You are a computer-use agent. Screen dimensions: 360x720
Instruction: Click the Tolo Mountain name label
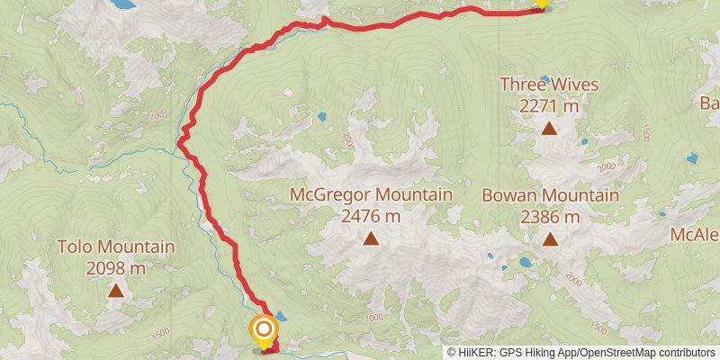[x=116, y=246]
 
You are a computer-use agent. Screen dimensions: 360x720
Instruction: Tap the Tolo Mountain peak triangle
[x=116, y=290]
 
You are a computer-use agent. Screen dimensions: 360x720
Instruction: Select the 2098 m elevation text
[x=116, y=267]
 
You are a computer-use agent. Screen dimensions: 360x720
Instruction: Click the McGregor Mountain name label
[x=370, y=194]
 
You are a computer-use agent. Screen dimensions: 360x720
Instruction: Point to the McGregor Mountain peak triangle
[x=370, y=238]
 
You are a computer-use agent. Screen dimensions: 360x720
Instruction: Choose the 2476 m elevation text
[x=370, y=216]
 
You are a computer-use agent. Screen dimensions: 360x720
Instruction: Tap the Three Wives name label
[x=549, y=85]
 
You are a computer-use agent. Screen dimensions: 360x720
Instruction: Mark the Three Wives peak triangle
[x=549, y=129]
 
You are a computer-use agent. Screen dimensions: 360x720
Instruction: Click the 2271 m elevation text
[x=549, y=106]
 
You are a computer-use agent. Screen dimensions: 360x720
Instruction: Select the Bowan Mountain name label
[x=549, y=195]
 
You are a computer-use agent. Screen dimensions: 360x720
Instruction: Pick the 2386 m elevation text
[x=549, y=217]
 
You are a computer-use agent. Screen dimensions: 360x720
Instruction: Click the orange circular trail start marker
[x=263, y=328]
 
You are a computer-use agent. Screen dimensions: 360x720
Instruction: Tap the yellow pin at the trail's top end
[x=541, y=3]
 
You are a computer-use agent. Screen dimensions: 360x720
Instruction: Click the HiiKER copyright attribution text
[x=581, y=352]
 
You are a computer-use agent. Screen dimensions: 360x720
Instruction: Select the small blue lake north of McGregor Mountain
[x=321, y=117]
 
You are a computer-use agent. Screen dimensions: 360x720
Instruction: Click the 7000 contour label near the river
[x=158, y=115]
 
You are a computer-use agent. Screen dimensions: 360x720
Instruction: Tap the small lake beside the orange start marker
[x=281, y=316]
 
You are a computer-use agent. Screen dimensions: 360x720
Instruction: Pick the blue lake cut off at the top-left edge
[x=119, y=4]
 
